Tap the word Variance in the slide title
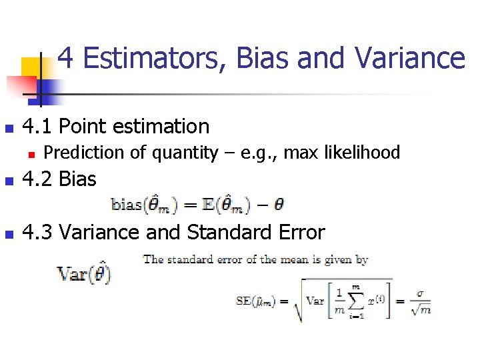pos(410,58)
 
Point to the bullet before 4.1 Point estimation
pos(8,127)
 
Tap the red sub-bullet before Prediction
pos(31,154)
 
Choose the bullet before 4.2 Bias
pos(8,181)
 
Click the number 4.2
pos(39,179)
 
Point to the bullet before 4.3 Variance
pos(8,234)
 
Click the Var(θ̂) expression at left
pos(83,273)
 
